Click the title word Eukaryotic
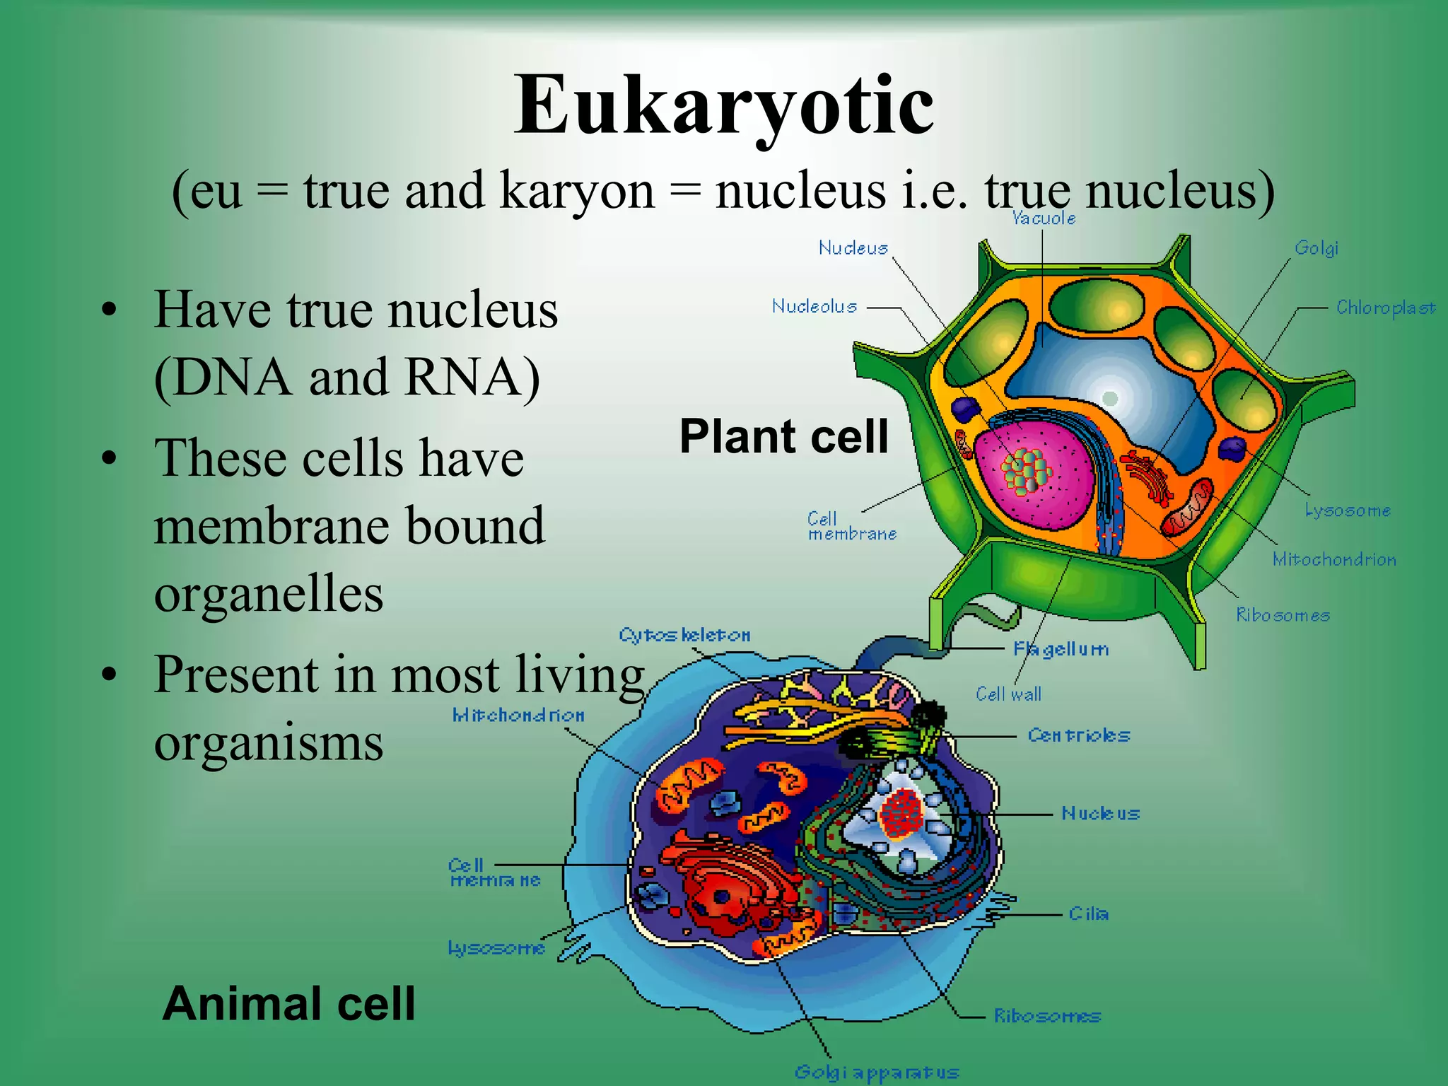[723, 106]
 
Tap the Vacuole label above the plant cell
[1043, 218]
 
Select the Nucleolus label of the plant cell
[814, 307]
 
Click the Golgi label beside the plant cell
[1316, 248]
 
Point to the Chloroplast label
[1385, 308]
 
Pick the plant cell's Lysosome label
[1347, 510]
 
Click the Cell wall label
[1008, 694]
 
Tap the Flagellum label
[1061, 649]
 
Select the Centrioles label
[1078, 735]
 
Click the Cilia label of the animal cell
[1088, 914]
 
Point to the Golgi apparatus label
[876, 1073]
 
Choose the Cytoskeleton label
[684, 635]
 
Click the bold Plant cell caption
[783, 436]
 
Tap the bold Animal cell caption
[288, 1004]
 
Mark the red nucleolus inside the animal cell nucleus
[901, 813]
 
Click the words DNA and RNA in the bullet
[346, 378]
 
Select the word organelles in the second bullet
[269, 594]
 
